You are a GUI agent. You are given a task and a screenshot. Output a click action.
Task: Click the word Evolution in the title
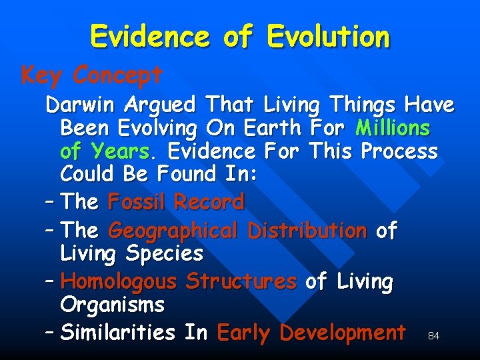click(x=328, y=37)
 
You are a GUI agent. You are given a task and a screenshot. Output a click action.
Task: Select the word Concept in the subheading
click(x=117, y=75)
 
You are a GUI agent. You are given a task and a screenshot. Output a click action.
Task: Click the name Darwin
click(x=84, y=105)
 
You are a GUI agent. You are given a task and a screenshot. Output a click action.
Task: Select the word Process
click(x=399, y=151)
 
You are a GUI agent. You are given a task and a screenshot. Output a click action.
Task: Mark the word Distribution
click(x=307, y=231)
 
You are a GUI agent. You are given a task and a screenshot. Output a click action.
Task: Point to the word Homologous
click(x=119, y=281)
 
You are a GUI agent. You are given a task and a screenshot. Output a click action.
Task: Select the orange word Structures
click(x=241, y=281)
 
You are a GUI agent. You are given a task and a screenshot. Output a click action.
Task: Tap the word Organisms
click(x=112, y=305)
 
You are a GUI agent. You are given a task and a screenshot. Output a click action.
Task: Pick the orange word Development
click(x=343, y=332)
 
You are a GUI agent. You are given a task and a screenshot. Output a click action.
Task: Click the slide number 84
click(x=433, y=336)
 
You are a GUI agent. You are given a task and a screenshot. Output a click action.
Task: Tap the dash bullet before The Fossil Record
click(x=51, y=201)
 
